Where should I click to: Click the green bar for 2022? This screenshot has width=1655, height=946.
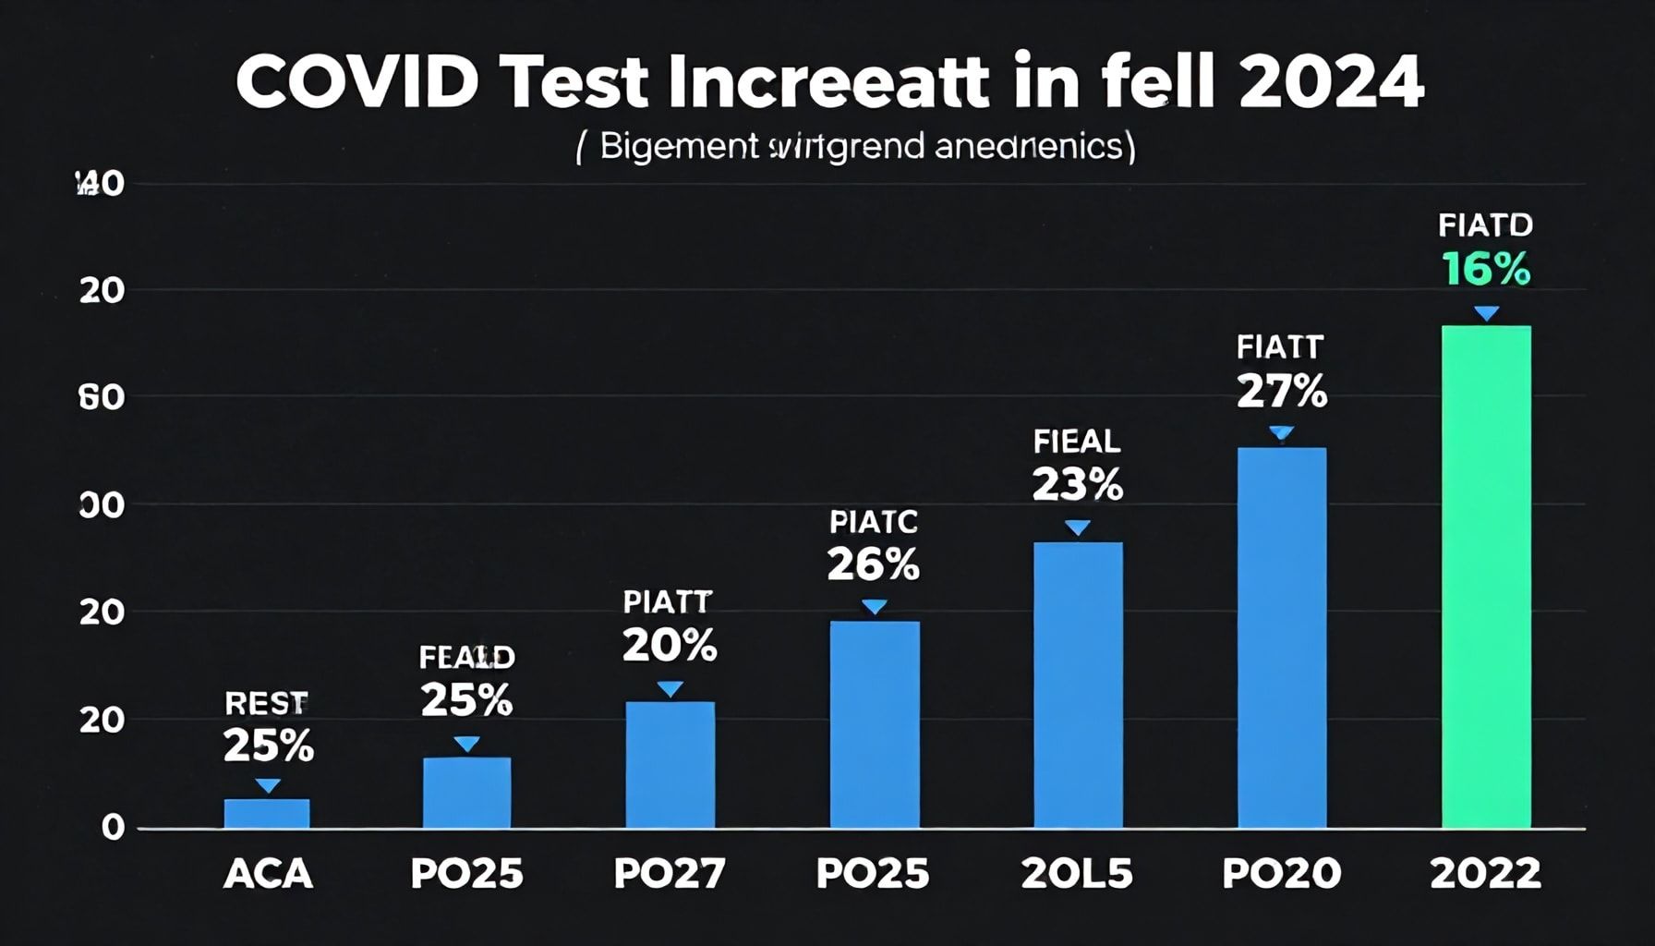[x=1485, y=576]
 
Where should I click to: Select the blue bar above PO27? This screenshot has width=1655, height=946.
[x=670, y=765]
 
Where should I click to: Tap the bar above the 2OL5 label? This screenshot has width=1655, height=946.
[x=1078, y=685]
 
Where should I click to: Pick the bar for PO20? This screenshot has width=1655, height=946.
[x=1281, y=637]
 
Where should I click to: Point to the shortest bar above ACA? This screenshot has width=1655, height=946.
[x=267, y=813]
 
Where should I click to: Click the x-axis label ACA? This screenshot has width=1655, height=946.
[x=268, y=874]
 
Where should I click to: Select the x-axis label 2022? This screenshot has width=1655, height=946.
[x=1485, y=874]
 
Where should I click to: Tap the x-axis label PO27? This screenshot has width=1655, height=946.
[x=670, y=874]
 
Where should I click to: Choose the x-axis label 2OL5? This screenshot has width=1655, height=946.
[x=1077, y=874]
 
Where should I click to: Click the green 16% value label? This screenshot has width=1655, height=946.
[x=1485, y=270]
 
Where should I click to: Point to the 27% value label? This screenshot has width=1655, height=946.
[x=1281, y=393]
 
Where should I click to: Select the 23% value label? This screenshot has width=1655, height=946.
[x=1077, y=485]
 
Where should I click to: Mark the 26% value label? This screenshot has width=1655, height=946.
[x=873, y=564]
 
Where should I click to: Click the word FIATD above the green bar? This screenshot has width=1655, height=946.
[x=1485, y=224]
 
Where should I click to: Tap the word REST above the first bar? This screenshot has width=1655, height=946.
[x=266, y=704]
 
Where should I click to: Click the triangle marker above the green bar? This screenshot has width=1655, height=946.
[x=1486, y=314]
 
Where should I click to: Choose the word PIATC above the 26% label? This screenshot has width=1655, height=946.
[x=874, y=522]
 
